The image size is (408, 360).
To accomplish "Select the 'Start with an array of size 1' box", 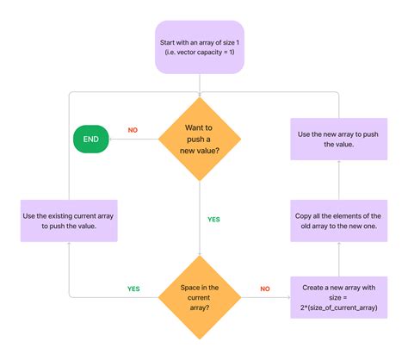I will [200, 47].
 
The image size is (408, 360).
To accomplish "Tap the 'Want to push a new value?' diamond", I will [200, 139].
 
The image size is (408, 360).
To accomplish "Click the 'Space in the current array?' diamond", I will [200, 297].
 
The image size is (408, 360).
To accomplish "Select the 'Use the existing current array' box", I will [68, 220].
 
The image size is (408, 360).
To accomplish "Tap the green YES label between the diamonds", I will [213, 220].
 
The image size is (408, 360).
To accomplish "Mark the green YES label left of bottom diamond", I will [133, 289].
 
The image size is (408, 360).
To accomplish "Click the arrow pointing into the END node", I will [129, 139].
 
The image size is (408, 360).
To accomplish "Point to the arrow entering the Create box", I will [275, 297].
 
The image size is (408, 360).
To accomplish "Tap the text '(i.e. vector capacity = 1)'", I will [200, 53].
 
